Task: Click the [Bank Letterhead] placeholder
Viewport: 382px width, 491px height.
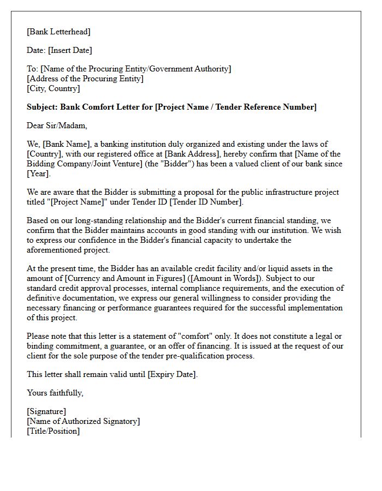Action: pyautogui.click(x=58, y=32)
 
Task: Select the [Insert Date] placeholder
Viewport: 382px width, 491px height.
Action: pyautogui.click(x=70, y=50)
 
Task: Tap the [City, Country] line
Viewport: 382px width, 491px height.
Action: pyautogui.click(x=53, y=88)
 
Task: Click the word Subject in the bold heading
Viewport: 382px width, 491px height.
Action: pyautogui.click(x=41, y=107)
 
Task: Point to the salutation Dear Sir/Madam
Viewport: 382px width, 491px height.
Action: pyautogui.click(x=57, y=125)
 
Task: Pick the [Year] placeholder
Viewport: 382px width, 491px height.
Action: pyautogui.click(x=38, y=173)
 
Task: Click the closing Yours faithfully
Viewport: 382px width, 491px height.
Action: pyautogui.click(x=55, y=393)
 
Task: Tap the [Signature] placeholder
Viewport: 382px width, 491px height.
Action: pyautogui.click(x=46, y=411)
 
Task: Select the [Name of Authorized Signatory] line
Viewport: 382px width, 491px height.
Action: pyautogui.click(x=83, y=421)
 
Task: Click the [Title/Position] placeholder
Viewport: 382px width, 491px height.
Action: pyautogui.click(x=53, y=431)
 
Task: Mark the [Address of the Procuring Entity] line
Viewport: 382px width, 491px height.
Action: pyautogui.click(x=85, y=79)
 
